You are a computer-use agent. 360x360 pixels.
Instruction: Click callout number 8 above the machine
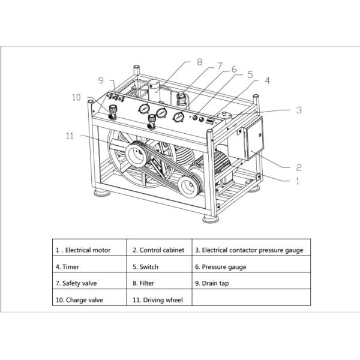tap(200, 62)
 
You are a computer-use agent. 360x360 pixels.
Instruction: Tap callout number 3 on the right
tap(299, 110)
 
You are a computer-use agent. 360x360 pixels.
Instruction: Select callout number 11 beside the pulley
tap(70, 136)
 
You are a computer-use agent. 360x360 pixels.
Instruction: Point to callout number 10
tap(76, 97)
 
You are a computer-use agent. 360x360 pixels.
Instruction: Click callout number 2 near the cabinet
tap(298, 167)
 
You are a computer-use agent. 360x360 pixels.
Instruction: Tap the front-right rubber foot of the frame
tap(211, 219)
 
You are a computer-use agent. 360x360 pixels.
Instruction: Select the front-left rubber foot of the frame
tap(101, 192)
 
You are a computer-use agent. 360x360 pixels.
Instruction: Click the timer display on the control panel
tap(211, 121)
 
